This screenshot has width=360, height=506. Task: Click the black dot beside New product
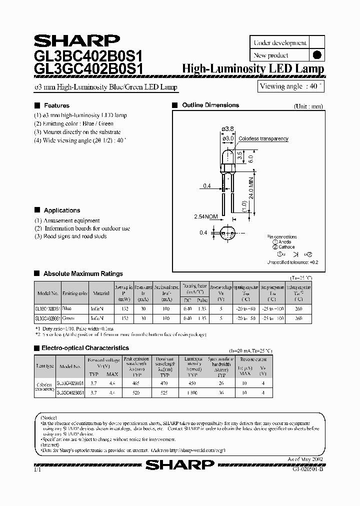(x=316, y=55)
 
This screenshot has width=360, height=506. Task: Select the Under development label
(x=280, y=43)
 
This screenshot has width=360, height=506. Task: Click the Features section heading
(x=56, y=105)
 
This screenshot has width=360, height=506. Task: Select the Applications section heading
(x=61, y=210)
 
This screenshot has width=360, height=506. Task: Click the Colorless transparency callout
(x=263, y=139)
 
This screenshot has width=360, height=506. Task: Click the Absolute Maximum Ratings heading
(x=82, y=274)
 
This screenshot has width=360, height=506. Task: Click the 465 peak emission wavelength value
(x=135, y=383)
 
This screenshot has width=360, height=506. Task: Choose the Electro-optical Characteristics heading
(x=85, y=348)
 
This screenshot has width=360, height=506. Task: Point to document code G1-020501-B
(x=307, y=469)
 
